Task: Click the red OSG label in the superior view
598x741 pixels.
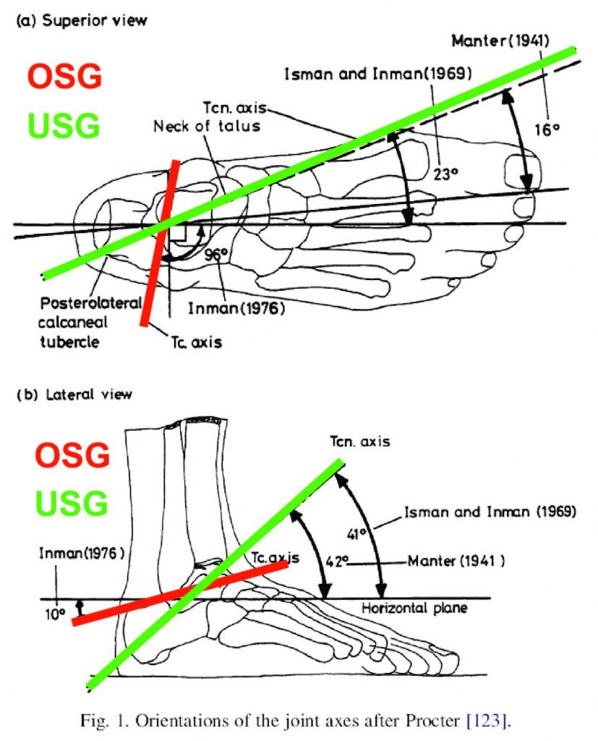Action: pos(64,76)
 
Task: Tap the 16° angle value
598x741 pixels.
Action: pos(547,129)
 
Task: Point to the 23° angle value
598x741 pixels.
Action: pos(445,174)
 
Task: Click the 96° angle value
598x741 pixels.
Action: pos(217,255)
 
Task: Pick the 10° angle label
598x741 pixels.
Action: pos(55,614)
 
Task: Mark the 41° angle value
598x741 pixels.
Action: pos(357,534)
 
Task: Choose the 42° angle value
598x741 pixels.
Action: pos(337,562)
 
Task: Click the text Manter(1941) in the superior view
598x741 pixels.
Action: pos(500,41)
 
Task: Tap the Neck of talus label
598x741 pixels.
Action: pos(207,126)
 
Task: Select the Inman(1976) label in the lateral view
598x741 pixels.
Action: pos(82,552)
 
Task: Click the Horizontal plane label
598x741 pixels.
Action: pos(414,608)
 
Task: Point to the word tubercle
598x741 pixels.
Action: pos(69,342)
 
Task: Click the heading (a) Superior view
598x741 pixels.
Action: pos(82,21)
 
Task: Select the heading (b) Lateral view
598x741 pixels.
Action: pos(74,394)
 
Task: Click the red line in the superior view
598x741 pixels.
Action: pos(160,243)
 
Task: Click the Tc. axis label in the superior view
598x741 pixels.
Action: pos(197,342)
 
